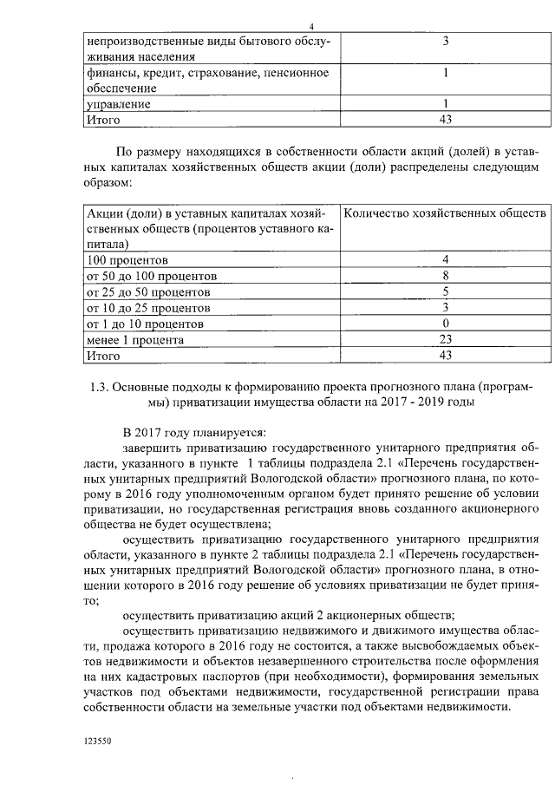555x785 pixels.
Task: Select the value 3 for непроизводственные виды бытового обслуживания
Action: click(x=445, y=42)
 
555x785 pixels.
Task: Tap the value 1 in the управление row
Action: click(x=445, y=104)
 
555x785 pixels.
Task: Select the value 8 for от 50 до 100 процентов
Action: click(x=445, y=276)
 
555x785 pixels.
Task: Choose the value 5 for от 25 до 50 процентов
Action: click(x=445, y=291)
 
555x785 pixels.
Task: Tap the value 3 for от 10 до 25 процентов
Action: click(x=445, y=307)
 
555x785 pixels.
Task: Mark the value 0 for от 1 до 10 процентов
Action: click(x=445, y=323)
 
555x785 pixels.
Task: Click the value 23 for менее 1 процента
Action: click(x=445, y=339)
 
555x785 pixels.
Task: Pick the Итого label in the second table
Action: click(x=102, y=356)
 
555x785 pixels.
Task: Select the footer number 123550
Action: click(x=98, y=742)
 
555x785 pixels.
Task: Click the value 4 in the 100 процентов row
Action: click(x=445, y=259)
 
